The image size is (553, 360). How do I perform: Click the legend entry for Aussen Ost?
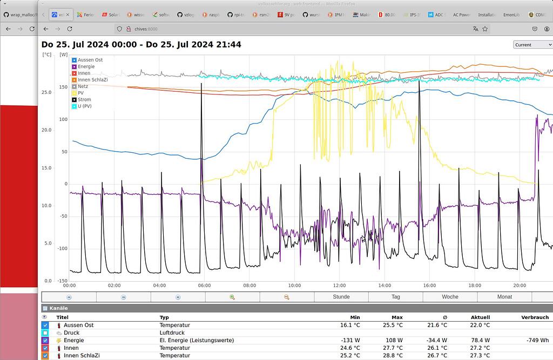[90, 60]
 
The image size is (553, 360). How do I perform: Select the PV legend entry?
[82, 93]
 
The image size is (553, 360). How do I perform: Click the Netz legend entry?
[83, 86]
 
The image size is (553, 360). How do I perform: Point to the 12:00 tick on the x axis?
[339, 286]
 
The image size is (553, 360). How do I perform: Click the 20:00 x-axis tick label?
[519, 286]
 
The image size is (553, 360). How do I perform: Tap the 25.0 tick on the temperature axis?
[46, 92]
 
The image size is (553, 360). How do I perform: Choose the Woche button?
[450, 297]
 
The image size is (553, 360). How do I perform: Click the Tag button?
[396, 297]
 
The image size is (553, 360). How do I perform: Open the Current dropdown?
[532, 45]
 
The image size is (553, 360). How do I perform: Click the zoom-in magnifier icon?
[232, 297]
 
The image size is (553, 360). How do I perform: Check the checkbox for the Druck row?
[45, 333]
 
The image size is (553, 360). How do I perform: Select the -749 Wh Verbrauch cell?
[537, 341]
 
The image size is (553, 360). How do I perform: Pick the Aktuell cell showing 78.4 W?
[480, 341]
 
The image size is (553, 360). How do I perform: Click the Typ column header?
[164, 317]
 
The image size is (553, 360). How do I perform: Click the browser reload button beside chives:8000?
[70, 29]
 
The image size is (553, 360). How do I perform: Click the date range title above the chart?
[141, 44]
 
